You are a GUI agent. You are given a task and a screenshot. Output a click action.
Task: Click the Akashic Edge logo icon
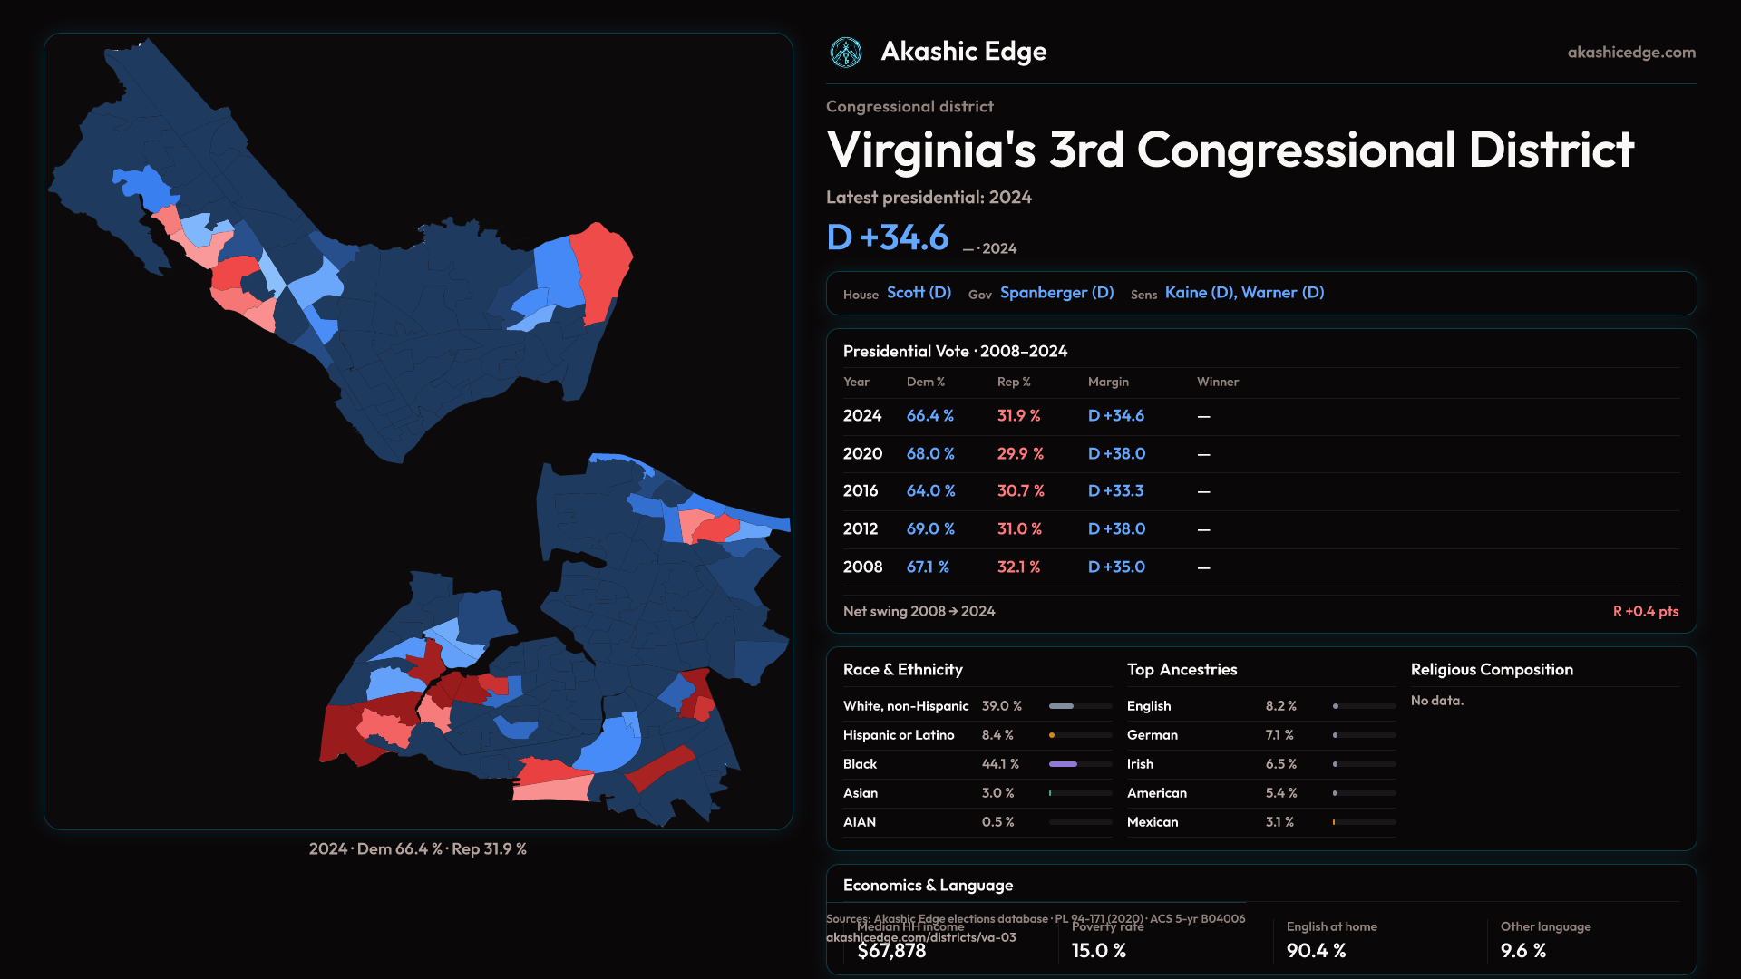[846, 53]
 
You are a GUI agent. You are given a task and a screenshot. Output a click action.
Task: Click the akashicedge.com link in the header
[1631, 53]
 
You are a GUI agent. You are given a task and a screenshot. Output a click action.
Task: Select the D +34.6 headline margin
[888, 237]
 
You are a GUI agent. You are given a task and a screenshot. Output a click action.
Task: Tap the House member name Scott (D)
[919, 293]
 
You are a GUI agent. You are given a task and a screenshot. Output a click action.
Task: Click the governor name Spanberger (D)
[1056, 293]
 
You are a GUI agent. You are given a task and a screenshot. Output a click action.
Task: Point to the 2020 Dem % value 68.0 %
[930, 453]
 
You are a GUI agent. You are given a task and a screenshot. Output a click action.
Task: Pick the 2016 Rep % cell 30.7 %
[1020, 490]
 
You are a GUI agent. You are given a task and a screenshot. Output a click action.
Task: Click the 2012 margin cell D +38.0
[1116, 528]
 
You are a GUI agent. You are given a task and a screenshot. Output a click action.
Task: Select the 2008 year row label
[862, 567]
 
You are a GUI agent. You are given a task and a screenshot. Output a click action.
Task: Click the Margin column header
[1108, 382]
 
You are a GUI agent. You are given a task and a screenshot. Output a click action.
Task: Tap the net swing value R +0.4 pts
[1645, 611]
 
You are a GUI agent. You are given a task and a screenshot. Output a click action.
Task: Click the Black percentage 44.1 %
[1000, 764]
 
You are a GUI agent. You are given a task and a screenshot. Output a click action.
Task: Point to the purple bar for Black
[1063, 764]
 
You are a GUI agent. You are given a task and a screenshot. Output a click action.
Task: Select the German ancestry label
[1153, 735]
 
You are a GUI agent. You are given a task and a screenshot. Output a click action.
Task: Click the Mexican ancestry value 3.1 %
[1279, 822]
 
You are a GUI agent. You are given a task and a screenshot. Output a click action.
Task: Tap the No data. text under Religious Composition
[1436, 701]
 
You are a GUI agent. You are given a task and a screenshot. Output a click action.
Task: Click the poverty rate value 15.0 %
[1098, 951]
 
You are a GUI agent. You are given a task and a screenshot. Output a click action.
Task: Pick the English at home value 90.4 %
[1316, 951]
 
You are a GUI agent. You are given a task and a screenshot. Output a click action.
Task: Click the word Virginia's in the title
[930, 150]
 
